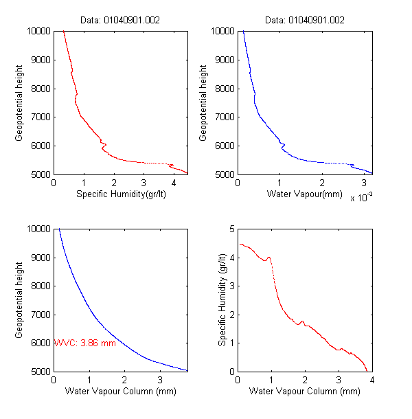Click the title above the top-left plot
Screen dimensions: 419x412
click(121, 20)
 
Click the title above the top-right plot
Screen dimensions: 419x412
click(304, 20)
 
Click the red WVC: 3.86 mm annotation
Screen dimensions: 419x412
click(84, 342)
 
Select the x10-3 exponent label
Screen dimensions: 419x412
click(363, 198)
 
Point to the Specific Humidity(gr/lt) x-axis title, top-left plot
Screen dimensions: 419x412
click(121, 194)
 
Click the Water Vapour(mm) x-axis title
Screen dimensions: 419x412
click(304, 194)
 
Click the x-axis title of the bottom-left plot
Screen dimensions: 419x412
click(121, 392)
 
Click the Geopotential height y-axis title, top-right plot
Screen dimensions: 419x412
click(204, 102)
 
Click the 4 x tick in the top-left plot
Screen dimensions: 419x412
click(174, 183)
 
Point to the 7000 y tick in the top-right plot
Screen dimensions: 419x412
click(222, 117)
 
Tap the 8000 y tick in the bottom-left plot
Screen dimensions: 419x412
click(39, 286)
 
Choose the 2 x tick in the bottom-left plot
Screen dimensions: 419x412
click(124, 380)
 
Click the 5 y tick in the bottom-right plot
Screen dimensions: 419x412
click(231, 229)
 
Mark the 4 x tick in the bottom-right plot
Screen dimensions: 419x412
click(371, 380)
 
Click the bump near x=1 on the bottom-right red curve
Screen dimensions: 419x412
click(268, 258)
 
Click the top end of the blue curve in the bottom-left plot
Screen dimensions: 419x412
click(59, 229)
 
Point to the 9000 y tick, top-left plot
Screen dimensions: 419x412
click(39, 60)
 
